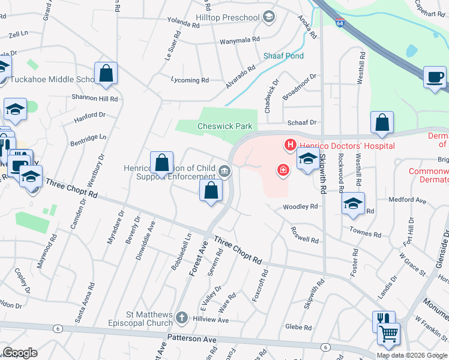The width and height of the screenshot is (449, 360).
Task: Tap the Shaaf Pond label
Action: point(283,56)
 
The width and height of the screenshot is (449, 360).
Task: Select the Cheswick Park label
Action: point(225,126)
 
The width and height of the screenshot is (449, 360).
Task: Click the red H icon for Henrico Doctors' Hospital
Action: point(290,145)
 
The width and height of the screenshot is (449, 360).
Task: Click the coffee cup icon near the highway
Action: point(435,77)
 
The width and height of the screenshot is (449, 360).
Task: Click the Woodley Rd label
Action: point(300,206)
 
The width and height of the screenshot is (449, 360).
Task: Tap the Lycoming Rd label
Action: point(189,80)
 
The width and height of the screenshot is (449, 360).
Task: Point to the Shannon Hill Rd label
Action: point(95,98)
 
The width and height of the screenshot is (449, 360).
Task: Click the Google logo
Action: point(19,352)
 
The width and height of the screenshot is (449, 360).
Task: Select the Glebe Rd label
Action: point(298,327)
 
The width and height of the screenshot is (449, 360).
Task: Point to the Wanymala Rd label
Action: point(240,39)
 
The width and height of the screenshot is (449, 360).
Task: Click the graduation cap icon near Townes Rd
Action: point(354,202)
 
